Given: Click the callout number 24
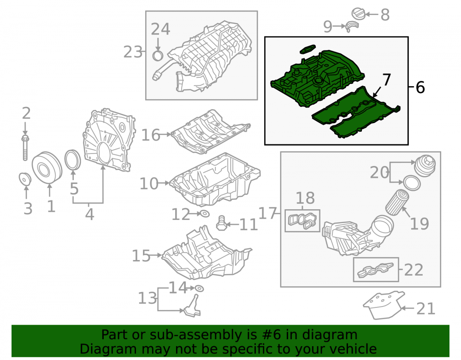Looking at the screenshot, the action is (160, 29).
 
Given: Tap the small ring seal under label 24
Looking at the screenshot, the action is (158, 55).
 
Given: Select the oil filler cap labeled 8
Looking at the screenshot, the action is (358, 14).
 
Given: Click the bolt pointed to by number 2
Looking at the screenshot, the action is (25, 148).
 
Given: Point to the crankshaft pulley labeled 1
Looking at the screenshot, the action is (47, 168).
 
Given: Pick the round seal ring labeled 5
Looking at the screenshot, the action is (73, 160).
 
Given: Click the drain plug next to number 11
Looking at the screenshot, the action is (221, 224).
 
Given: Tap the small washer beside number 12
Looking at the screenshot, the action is (204, 213).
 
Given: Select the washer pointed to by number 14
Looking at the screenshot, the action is (199, 288).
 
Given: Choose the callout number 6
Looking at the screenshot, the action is (420, 87).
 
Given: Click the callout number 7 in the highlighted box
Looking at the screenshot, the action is (386, 79).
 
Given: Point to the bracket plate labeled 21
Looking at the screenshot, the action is (384, 305).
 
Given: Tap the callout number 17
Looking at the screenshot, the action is (267, 213).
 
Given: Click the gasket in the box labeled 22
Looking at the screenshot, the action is (375, 270).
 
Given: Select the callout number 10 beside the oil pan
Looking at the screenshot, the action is (149, 183).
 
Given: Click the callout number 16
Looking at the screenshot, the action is (151, 135).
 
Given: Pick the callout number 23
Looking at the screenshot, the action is (133, 52).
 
